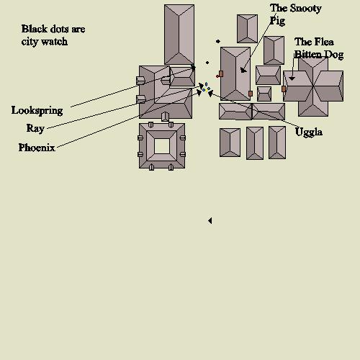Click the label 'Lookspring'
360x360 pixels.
click(37, 111)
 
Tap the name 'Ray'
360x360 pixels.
click(35, 128)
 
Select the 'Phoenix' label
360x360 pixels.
click(37, 148)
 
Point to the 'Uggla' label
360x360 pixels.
click(309, 132)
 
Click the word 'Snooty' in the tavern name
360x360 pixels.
click(305, 9)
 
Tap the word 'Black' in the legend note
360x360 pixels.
click(35, 29)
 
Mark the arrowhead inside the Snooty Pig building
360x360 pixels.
click(243, 70)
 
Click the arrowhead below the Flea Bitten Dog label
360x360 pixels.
click(292, 78)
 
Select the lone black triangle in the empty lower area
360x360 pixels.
click(210, 220)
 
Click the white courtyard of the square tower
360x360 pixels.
click(162, 146)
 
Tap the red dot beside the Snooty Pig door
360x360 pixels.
click(217, 76)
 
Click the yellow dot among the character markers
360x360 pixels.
click(207, 91)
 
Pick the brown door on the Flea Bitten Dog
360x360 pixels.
click(284, 89)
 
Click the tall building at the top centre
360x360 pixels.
click(179, 35)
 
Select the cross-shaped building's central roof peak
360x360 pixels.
click(313, 86)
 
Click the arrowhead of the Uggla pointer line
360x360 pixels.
click(210, 94)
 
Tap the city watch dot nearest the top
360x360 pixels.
click(218, 42)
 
